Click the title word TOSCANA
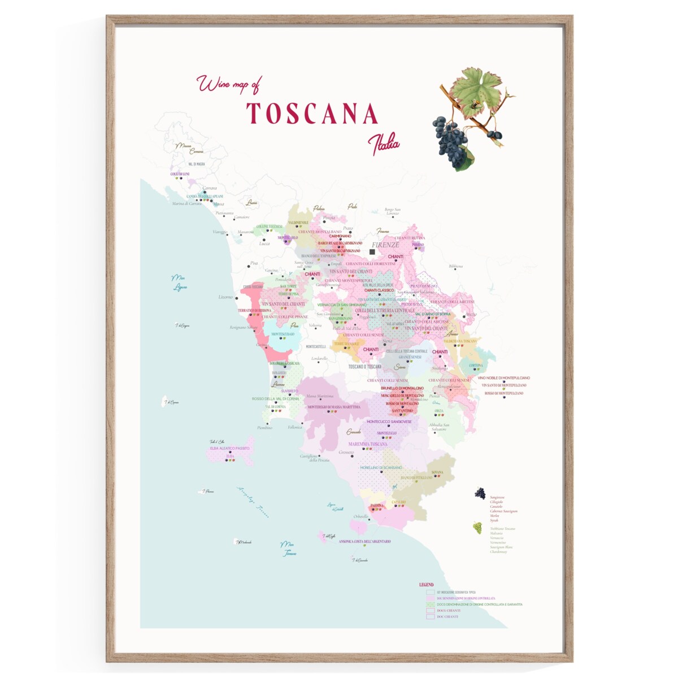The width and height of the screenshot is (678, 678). point(312,114)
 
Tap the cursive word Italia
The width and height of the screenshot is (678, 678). point(384,145)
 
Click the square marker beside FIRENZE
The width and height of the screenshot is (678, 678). point(372,252)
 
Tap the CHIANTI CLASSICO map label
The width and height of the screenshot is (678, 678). point(379,290)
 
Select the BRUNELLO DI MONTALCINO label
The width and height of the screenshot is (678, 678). point(402,389)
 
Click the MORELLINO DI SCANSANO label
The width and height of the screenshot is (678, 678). point(381,468)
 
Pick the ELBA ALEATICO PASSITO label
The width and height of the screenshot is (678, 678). point(229,448)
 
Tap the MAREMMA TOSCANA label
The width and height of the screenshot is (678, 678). point(368,444)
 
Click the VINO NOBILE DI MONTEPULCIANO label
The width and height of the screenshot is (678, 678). point(503,378)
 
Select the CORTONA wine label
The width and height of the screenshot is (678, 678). point(476,366)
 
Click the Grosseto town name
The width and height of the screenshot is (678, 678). point(346,453)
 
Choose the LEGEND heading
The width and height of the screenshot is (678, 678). point(427,585)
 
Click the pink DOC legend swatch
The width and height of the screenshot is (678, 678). point(431,598)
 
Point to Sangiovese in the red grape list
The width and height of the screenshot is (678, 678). point(497,497)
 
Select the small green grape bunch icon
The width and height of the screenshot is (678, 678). point(477,528)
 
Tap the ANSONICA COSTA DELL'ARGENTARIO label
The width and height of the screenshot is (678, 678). point(364,541)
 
